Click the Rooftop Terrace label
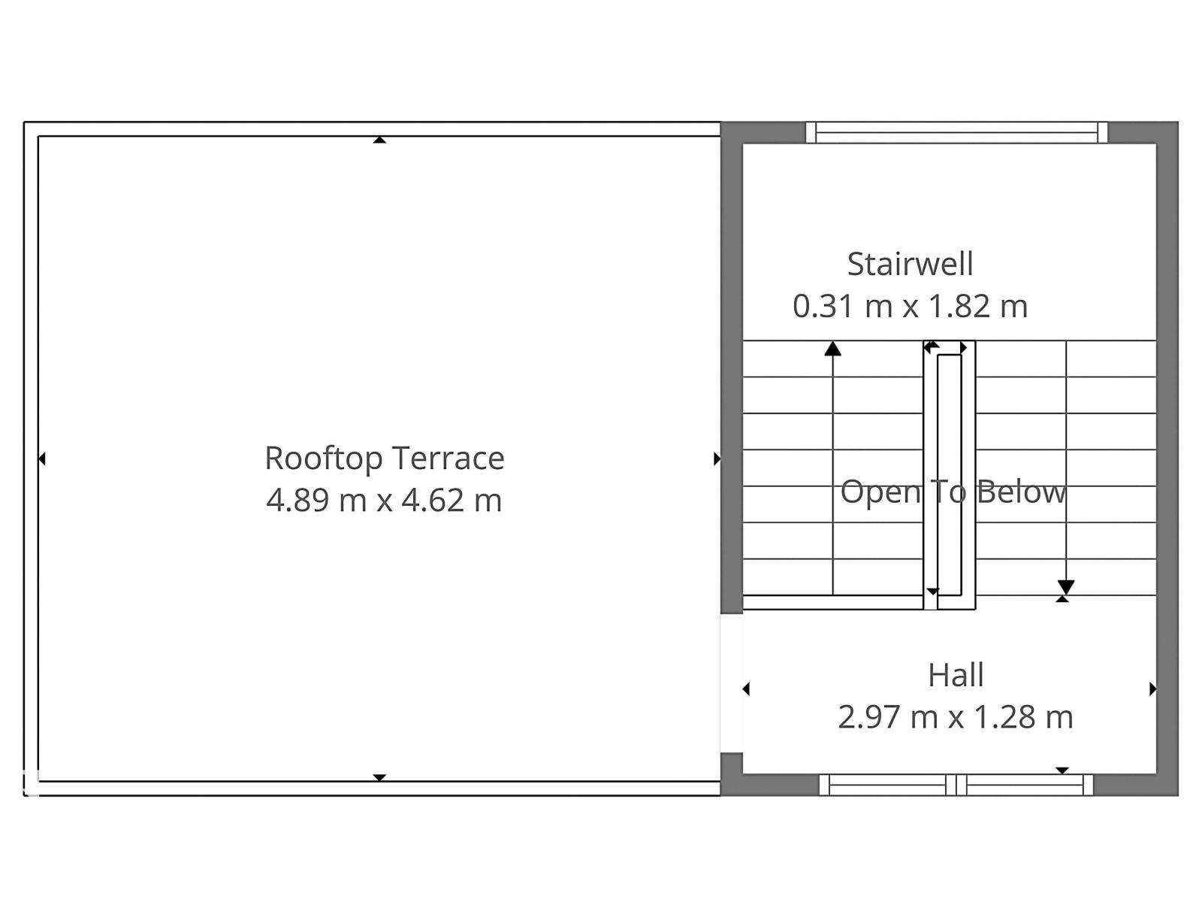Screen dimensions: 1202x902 385,459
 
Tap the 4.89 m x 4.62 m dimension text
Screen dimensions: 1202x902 385,501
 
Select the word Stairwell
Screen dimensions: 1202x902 910,264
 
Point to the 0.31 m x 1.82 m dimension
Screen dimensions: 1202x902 910,306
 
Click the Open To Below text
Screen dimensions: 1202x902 953,492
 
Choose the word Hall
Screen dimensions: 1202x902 956,675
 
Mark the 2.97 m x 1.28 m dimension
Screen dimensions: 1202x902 956,717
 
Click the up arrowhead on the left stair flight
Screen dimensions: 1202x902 832,348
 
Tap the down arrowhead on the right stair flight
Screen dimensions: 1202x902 1065,587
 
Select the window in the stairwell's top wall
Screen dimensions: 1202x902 956,132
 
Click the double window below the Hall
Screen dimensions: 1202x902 956,785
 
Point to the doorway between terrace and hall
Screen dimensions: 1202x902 732,683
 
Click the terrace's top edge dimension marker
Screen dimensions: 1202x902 379,140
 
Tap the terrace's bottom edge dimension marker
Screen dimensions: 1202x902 379,778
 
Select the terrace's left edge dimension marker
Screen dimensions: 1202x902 41,459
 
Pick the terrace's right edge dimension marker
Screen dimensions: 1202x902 717,459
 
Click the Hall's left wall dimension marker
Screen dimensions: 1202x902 746,689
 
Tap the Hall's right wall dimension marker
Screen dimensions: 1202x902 1152,689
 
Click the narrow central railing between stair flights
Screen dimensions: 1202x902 949,475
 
